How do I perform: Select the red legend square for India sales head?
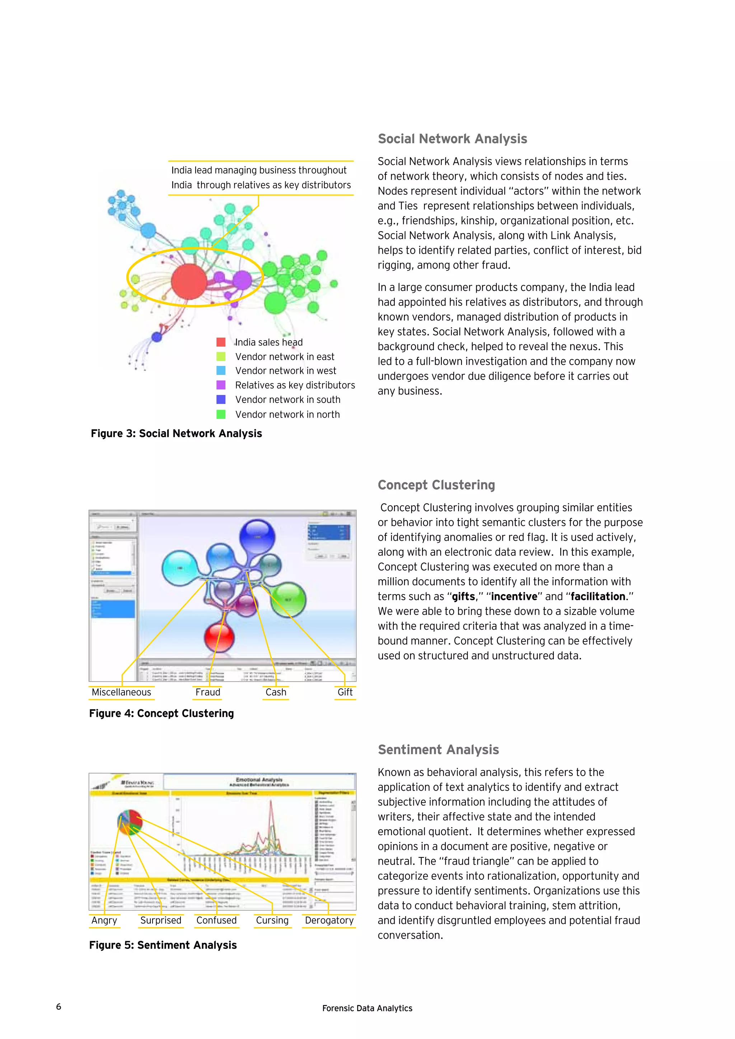[x=221, y=342]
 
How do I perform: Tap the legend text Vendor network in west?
[x=286, y=371]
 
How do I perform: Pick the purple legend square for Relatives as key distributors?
[x=221, y=385]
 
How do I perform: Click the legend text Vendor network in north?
[x=287, y=414]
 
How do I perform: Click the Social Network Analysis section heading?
[x=452, y=139]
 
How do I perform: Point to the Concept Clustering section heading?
[x=436, y=485]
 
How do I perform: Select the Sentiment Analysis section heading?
[x=438, y=750]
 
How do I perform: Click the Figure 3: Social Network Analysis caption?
[x=176, y=433]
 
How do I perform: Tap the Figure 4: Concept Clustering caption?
[x=161, y=714]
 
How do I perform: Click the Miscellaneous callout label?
[x=121, y=692]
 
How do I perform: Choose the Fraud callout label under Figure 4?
[x=208, y=692]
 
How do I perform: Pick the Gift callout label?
[x=345, y=692]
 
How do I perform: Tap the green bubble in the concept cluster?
[x=288, y=599]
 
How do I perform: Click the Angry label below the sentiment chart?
[x=104, y=921]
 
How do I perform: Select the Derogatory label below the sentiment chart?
[x=329, y=921]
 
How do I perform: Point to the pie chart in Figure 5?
[x=130, y=822]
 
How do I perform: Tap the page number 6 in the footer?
[x=58, y=1006]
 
